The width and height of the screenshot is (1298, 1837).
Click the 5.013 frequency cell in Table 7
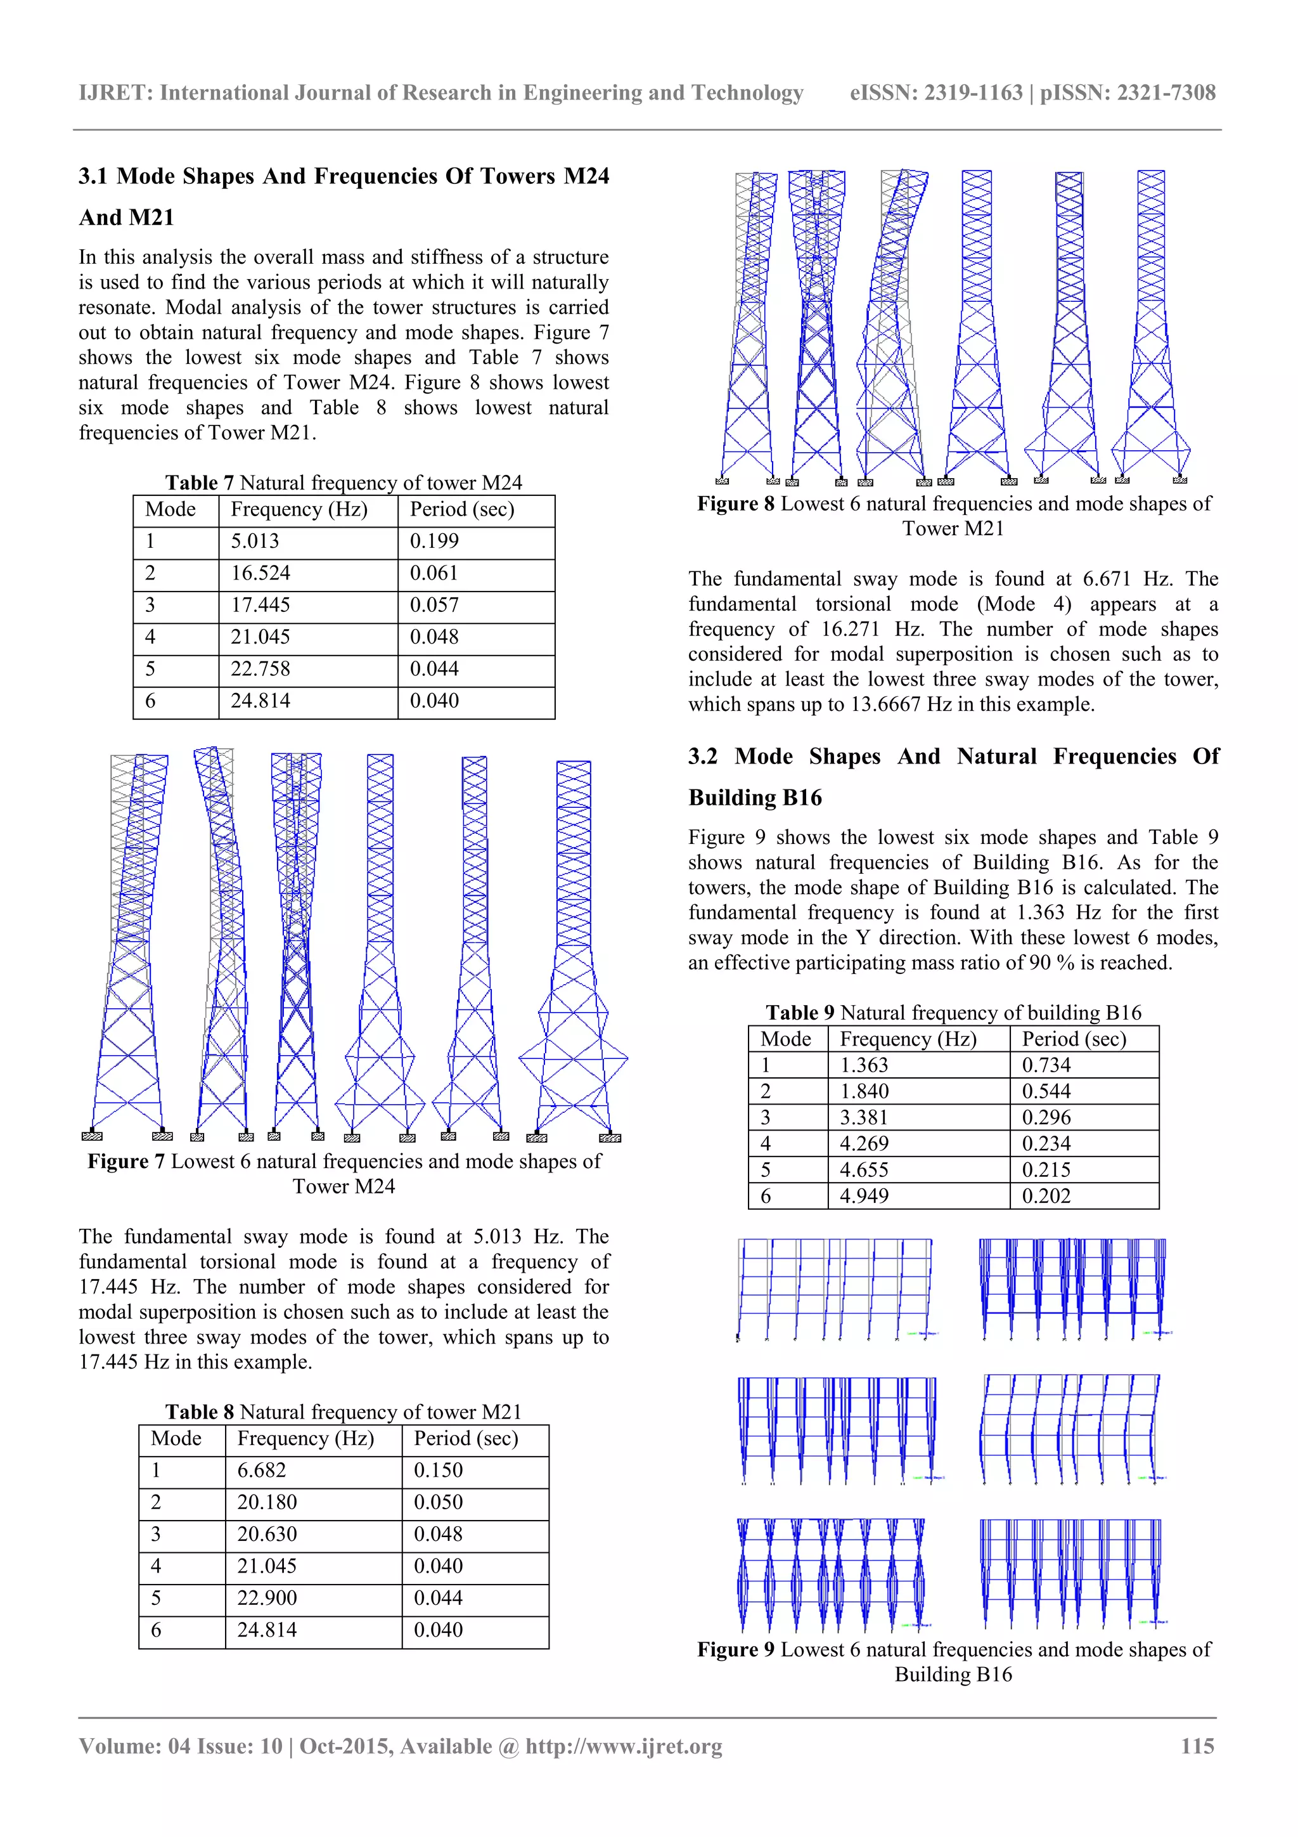click(x=255, y=542)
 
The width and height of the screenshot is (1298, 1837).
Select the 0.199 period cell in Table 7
click(x=434, y=542)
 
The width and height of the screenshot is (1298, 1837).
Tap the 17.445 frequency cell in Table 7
click(x=260, y=606)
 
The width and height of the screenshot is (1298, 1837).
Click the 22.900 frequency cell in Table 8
click(x=266, y=1599)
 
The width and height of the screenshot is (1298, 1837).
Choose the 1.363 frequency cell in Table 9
click(x=864, y=1066)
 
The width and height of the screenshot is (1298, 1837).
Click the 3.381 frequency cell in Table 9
click(x=864, y=1118)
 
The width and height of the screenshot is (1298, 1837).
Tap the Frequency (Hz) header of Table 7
click(x=299, y=510)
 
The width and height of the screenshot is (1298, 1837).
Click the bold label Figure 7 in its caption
click(x=125, y=1162)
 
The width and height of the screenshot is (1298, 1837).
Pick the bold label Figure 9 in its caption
click(x=735, y=1650)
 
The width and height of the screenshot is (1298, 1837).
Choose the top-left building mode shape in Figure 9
click(x=835, y=1289)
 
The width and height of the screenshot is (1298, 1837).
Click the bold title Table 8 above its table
click(x=199, y=1412)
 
